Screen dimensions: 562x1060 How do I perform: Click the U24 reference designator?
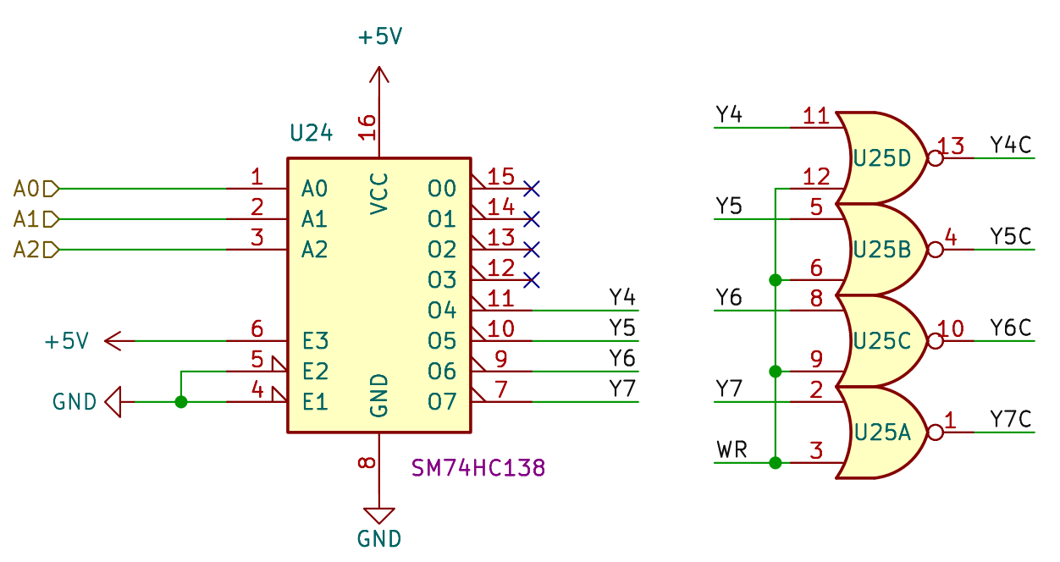pyautogui.click(x=311, y=133)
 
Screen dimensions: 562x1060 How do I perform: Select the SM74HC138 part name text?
pyautogui.click(x=478, y=467)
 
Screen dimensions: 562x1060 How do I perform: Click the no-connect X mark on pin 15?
pyautogui.click(x=532, y=188)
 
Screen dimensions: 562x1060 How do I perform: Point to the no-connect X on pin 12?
pyautogui.click(x=532, y=279)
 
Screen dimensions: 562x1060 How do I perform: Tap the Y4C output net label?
pyautogui.click(x=1011, y=145)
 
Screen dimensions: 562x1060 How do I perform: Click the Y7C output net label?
pyautogui.click(x=1011, y=419)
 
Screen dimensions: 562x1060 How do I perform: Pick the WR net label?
pyautogui.click(x=732, y=449)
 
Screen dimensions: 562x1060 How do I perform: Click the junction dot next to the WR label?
pyautogui.click(x=775, y=463)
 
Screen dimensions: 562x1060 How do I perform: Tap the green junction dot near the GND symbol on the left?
pyautogui.click(x=180, y=402)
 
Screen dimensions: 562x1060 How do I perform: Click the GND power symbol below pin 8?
pyautogui.click(x=378, y=515)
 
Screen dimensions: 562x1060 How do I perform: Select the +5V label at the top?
pyautogui.click(x=379, y=37)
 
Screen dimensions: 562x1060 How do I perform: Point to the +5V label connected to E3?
pyautogui.click(x=67, y=342)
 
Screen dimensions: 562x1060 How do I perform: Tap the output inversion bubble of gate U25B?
pyautogui.click(x=936, y=250)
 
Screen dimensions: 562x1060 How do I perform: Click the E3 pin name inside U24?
pyautogui.click(x=314, y=341)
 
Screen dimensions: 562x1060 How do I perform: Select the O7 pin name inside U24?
pyautogui.click(x=441, y=402)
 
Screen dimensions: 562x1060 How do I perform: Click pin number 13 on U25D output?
pyautogui.click(x=952, y=146)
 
